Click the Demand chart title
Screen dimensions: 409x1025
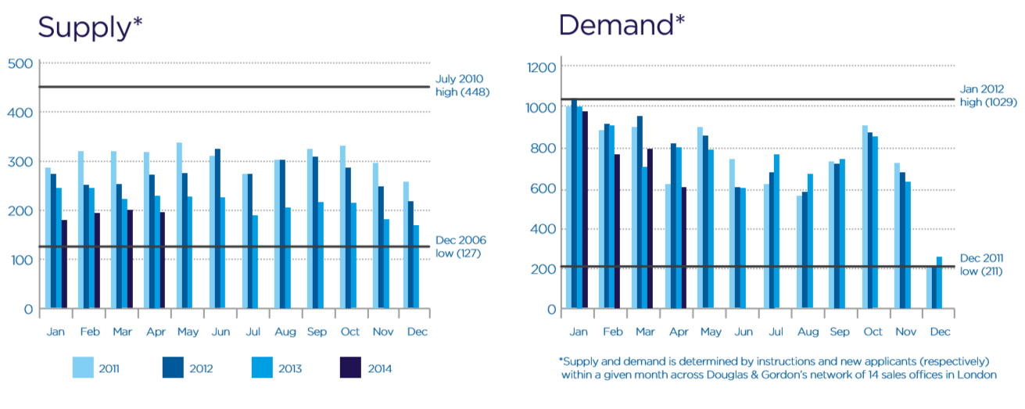(622, 25)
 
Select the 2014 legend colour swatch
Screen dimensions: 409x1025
(349, 368)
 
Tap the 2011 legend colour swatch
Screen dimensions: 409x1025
(83, 368)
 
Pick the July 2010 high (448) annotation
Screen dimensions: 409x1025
(461, 85)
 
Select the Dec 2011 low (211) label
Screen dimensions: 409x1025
(981, 264)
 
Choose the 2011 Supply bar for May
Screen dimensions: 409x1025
(179, 226)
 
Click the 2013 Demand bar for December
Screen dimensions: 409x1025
(939, 282)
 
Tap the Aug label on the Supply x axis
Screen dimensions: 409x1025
(285, 332)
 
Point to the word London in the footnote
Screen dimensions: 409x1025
(979, 375)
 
